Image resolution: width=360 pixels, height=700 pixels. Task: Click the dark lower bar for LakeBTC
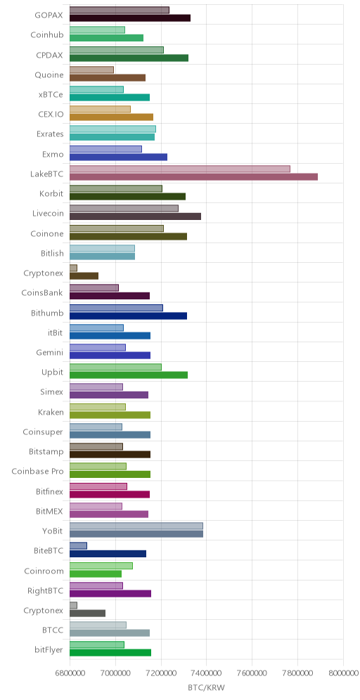193,177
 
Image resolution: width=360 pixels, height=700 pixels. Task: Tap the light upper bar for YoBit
136,526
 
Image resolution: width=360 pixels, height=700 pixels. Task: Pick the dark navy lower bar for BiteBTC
108,554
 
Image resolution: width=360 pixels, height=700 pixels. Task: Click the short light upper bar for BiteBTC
78,545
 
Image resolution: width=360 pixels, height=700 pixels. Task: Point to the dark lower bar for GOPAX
130,18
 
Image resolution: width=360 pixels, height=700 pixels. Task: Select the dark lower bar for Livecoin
135,216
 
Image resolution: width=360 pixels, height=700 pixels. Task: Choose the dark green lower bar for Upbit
129,375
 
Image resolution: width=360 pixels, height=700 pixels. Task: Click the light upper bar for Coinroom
101,566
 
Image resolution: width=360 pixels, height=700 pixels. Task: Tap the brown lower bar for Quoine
108,78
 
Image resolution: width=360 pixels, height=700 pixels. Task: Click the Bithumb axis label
47,313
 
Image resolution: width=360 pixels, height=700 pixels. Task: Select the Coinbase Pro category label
37,472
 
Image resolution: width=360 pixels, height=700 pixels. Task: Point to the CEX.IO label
51,115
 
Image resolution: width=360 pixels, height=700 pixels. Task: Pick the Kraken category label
51,412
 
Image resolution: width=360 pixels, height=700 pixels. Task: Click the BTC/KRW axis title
206,687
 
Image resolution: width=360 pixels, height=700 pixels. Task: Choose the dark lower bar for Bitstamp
110,455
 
